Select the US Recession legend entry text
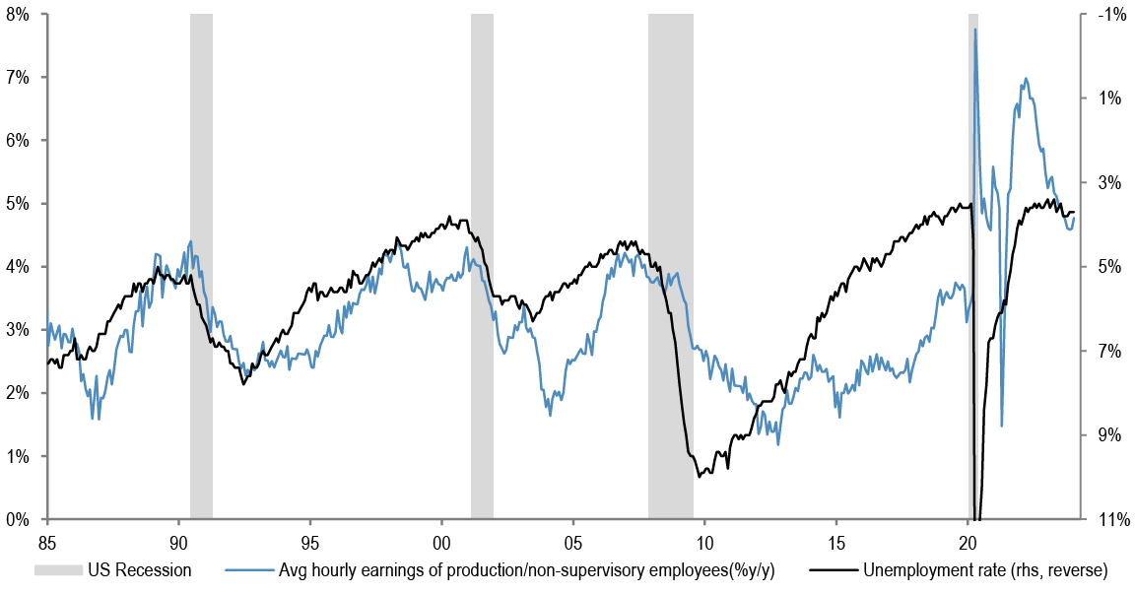pos(139,569)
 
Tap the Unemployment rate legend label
pos(985,569)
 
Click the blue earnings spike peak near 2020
pos(975,30)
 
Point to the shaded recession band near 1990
pos(201,266)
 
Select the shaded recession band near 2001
pos(482,266)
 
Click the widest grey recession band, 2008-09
pos(670,266)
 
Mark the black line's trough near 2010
pos(699,477)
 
